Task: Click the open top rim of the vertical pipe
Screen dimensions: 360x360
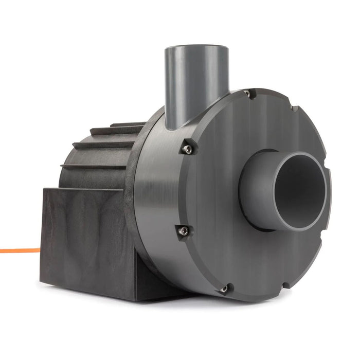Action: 196,48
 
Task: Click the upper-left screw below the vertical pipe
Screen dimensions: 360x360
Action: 189,149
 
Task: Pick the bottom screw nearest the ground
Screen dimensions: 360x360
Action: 225,290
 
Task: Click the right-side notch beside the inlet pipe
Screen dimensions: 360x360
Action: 329,175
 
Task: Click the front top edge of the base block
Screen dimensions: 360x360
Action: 82,190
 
